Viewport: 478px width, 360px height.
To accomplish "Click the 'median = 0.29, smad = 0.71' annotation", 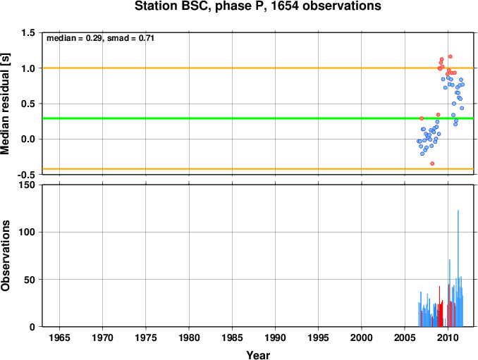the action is click(100, 38).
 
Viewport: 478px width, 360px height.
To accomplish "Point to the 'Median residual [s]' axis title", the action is click(5, 104).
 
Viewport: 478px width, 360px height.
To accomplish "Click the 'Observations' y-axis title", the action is click(5, 256).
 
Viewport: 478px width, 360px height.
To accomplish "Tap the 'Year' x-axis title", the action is click(258, 355).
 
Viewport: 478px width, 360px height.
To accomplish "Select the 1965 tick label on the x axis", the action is click(59, 337).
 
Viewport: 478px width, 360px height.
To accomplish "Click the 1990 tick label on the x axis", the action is click(275, 337).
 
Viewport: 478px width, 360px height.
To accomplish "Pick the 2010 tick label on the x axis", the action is click(448, 337).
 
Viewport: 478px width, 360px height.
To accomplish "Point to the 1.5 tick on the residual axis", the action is click(28, 32).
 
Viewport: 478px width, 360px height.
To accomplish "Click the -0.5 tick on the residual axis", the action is click(26, 175).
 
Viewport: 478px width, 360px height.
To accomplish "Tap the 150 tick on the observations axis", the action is click(27, 185).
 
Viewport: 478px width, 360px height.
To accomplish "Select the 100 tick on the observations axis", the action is click(27, 232).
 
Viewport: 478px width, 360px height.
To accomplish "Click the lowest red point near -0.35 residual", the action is click(432, 163).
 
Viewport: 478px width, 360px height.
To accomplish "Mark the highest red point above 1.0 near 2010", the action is click(451, 56).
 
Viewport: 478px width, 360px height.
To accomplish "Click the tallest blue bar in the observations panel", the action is click(458, 268).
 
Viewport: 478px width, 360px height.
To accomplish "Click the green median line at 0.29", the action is click(258, 118).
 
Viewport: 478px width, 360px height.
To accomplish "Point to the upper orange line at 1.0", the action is click(258, 68).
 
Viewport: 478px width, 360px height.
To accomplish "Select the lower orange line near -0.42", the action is click(258, 169).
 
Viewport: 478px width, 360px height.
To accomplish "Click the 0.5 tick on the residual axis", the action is click(28, 104).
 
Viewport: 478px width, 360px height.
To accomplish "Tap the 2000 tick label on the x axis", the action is click(362, 337).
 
